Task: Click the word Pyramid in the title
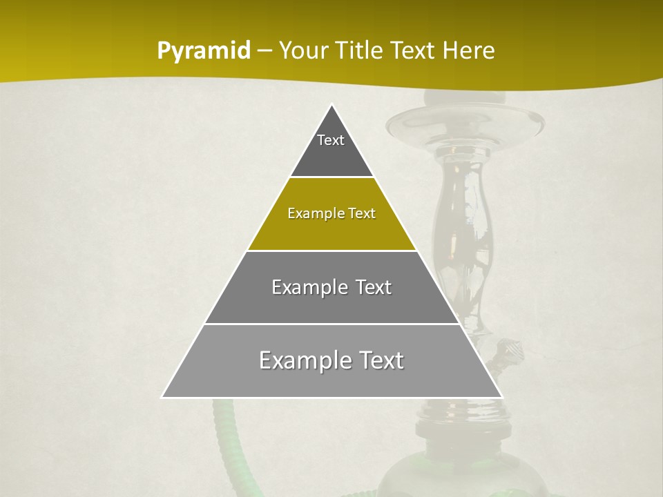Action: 204,51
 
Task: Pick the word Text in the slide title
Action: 414,51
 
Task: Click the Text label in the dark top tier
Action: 331,140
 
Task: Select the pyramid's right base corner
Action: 501,397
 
